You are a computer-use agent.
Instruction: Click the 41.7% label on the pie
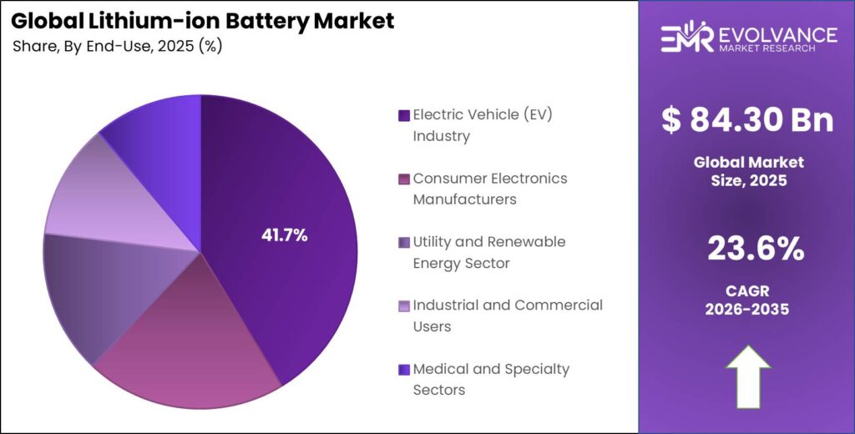point(285,235)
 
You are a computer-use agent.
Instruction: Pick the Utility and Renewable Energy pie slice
point(92,292)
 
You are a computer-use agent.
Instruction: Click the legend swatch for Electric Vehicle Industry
point(404,115)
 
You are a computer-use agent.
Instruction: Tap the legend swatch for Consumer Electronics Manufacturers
point(404,179)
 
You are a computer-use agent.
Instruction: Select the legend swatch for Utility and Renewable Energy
point(404,242)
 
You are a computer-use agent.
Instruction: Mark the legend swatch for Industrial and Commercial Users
point(404,305)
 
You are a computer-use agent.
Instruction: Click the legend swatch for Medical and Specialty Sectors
point(404,369)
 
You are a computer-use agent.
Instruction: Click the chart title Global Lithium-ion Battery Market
point(202,22)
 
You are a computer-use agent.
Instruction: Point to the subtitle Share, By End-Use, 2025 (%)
point(117,47)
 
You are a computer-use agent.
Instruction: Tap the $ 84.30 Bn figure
point(747,119)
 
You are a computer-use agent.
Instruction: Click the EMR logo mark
point(686,38)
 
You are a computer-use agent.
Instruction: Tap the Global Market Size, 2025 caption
point(748,170)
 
